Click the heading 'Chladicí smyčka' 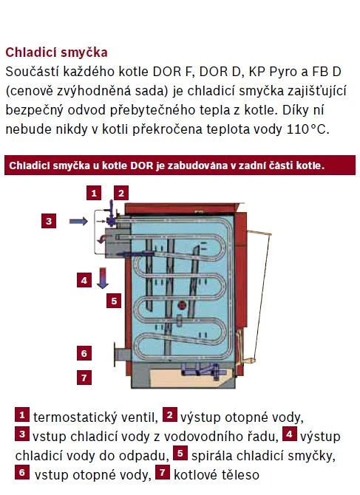point(56,52)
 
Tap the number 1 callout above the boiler point(94,193)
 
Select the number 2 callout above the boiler point(121,193)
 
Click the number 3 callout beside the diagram point(49,221)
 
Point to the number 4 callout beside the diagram point(84,280)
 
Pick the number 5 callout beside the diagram point(114,301)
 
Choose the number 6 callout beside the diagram point(84,353)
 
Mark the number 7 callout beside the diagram point(84,378)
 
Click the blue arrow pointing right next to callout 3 point(78,222)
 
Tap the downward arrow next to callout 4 point(102,278)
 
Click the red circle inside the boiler point(182,305)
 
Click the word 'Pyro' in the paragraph point(284,72)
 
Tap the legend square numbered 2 point(170,414)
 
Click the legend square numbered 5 point(180,453)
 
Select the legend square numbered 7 point(163,472)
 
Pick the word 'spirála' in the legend point(212,456)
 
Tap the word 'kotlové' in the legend point(194,475)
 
